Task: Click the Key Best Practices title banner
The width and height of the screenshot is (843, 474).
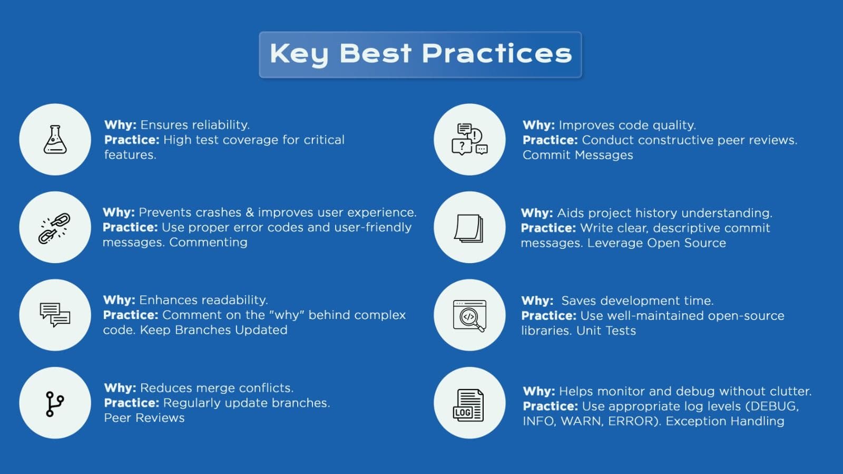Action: click(x=420, y=55)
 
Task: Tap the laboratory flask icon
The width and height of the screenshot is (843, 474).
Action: click(x=55, y=139)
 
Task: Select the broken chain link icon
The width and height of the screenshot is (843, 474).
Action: click(x=55, y=228)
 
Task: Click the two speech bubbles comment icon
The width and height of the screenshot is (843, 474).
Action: click(x=55, y=315)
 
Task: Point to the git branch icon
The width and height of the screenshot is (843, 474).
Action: click(x=55, y=404)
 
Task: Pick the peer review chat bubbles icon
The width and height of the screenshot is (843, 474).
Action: click(x=469, y=139)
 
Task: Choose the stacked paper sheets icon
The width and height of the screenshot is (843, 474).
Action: click(x=469, y=228)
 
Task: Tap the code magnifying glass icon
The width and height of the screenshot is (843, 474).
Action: click(x=469, y=315)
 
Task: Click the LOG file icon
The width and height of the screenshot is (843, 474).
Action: click(x=468, y=405)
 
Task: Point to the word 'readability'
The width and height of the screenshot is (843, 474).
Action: click(x=234, y=300)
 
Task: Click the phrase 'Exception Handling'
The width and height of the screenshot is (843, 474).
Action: click(x=725, y=421)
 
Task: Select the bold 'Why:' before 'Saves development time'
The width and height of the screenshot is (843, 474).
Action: click(x=537, y=301)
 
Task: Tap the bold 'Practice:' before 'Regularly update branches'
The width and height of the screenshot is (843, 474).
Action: click(x=132, y=403)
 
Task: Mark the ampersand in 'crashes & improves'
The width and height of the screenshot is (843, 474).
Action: click(x=250, y=212)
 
